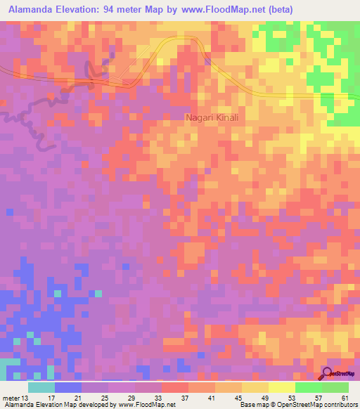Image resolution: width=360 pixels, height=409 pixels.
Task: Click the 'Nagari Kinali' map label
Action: [212, 118]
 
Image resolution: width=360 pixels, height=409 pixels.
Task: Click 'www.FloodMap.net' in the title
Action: [214, 9]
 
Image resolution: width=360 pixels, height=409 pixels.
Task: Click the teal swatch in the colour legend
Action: [41, 388]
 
